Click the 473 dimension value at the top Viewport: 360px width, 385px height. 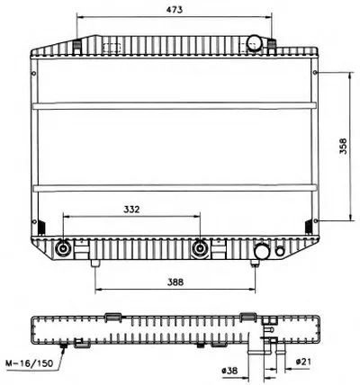[x=175, y=10]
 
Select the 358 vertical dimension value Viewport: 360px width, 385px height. [x=343, y=146]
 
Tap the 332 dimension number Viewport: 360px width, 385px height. [x=131, y=209]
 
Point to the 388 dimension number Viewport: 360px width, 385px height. [x=175, y=282]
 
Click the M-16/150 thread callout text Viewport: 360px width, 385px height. [x=30, y=363]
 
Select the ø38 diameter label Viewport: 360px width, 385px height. [x=229, y=371]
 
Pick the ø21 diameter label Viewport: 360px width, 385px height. [x=303, y=362]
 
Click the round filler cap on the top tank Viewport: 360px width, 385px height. [x=255, y=42]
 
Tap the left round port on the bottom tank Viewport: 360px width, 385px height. [x=63, y=248]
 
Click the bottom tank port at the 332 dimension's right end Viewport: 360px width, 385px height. [x=200, y=248]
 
